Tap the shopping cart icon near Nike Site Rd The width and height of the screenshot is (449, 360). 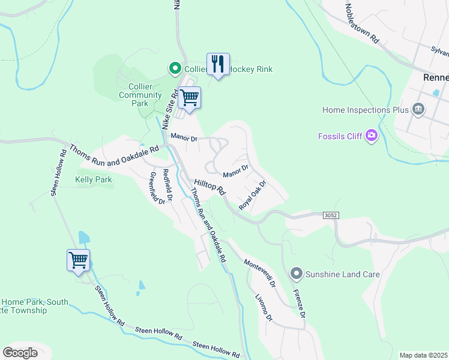189,97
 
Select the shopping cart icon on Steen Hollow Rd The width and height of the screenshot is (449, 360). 78,260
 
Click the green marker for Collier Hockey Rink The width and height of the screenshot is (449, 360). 175,69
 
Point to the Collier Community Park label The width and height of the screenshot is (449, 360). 140,95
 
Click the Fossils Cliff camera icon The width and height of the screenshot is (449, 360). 372,136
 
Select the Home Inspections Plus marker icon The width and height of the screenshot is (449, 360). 419,110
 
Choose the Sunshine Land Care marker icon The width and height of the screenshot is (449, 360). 295,274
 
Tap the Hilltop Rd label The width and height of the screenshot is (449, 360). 209,188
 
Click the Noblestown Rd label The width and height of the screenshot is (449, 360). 362,23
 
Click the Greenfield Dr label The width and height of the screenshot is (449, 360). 157,188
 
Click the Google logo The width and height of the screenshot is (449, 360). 20,352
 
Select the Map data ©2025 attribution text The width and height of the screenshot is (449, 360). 423,355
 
